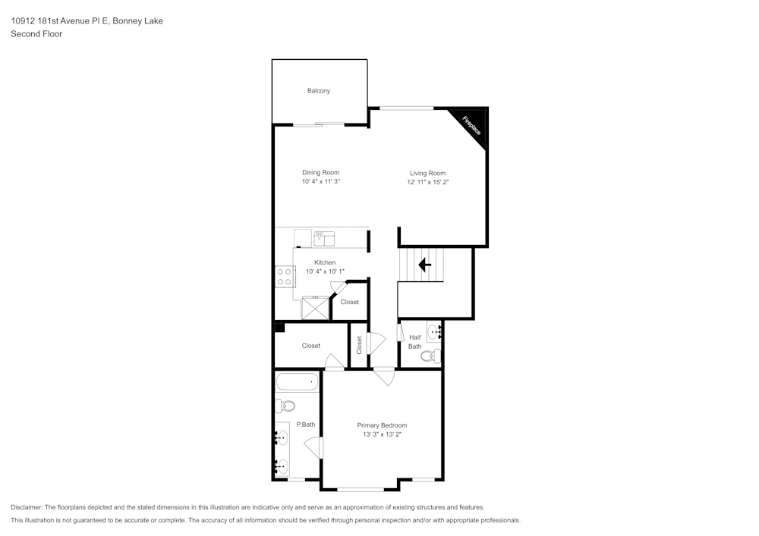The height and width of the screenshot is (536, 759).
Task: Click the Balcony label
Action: [x=319, y=91]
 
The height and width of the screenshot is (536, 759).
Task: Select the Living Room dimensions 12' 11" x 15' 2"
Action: [x=428, y=182]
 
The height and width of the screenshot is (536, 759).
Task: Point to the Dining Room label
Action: [x=320, y=173]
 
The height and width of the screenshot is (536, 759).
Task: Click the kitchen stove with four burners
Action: [x=285, y=277]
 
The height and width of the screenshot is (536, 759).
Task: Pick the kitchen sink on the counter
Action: [x=324, y=239]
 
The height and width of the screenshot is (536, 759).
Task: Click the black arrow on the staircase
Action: [x=424, y=265]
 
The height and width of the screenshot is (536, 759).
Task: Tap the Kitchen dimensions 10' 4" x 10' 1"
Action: [x=325, y=271]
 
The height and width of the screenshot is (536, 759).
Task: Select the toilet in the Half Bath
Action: [x=431, y=356]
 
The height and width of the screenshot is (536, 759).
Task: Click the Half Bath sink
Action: [x=434, y=333]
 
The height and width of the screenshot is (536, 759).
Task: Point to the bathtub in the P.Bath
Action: [x=297, y=382]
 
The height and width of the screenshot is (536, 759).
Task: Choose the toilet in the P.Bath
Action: [x=285, y=406]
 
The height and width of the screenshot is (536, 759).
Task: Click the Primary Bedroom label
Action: [x=382, y=425]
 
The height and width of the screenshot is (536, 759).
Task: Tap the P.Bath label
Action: [x=306, y=425]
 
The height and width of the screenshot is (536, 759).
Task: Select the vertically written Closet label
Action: [x=359, y=345]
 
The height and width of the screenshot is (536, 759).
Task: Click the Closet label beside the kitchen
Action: [x=349, y=302]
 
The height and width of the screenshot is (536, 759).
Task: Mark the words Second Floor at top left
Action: [x=36, y=34]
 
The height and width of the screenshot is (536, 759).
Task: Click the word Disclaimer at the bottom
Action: [x=26, y=507]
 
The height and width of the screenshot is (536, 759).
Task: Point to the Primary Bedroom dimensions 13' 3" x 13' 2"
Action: [x=383, y=434]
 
